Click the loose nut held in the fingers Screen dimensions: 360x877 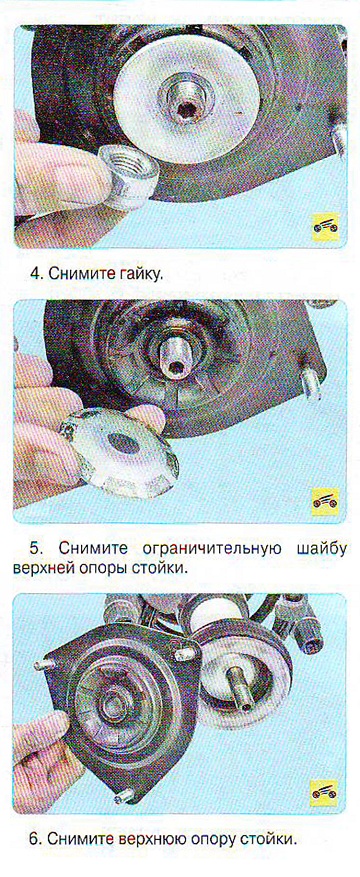point(128,176)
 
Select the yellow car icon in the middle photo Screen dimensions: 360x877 point(325,501)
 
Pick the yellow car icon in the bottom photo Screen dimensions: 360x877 point(325,793)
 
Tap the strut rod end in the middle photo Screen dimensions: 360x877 point(173,357)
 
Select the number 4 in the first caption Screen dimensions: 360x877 point(36,275)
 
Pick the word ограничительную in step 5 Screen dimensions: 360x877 point(208,546)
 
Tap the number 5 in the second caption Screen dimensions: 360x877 point(36,546)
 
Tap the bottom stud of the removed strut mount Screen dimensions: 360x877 point(126,795)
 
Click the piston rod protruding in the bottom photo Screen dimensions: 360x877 point(241,690)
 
